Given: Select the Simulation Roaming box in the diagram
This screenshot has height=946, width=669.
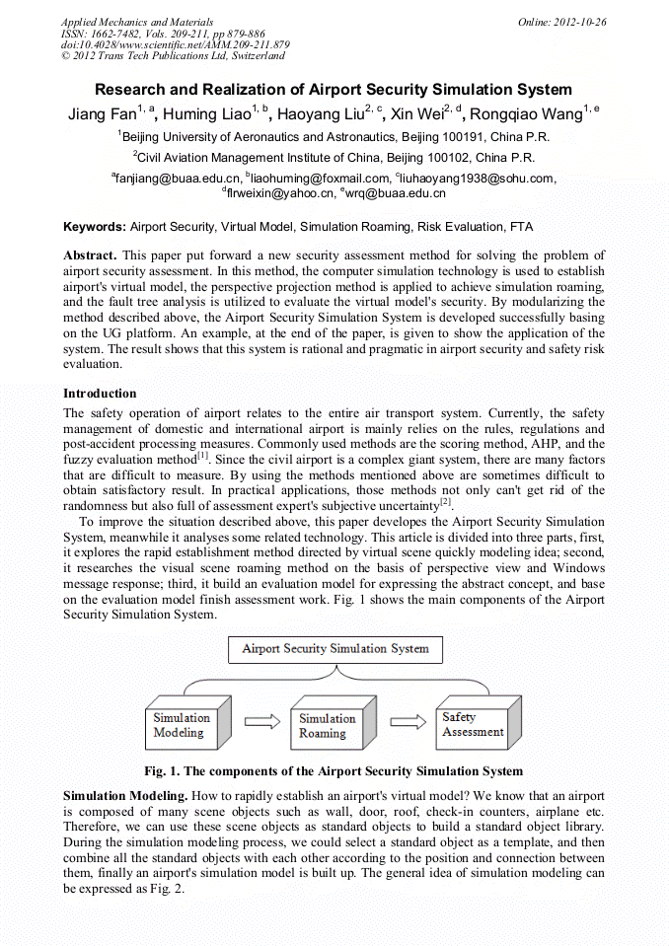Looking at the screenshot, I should (x=329, y=725).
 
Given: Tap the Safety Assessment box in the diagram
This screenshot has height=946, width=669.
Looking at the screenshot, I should (x=472, y=724).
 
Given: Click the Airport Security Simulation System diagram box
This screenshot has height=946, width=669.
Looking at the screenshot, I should (x=335, y=649).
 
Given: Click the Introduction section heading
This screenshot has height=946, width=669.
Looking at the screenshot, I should (x=100, y=394).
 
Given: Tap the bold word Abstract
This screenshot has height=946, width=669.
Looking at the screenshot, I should (x=90, y=255).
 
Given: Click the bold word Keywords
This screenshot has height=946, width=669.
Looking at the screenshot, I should (x=95, y=227).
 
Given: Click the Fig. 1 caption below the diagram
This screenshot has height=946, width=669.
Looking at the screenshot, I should (x=334, y=770).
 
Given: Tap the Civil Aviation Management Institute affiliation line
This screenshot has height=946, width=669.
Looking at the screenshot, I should (x=334, y=157).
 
